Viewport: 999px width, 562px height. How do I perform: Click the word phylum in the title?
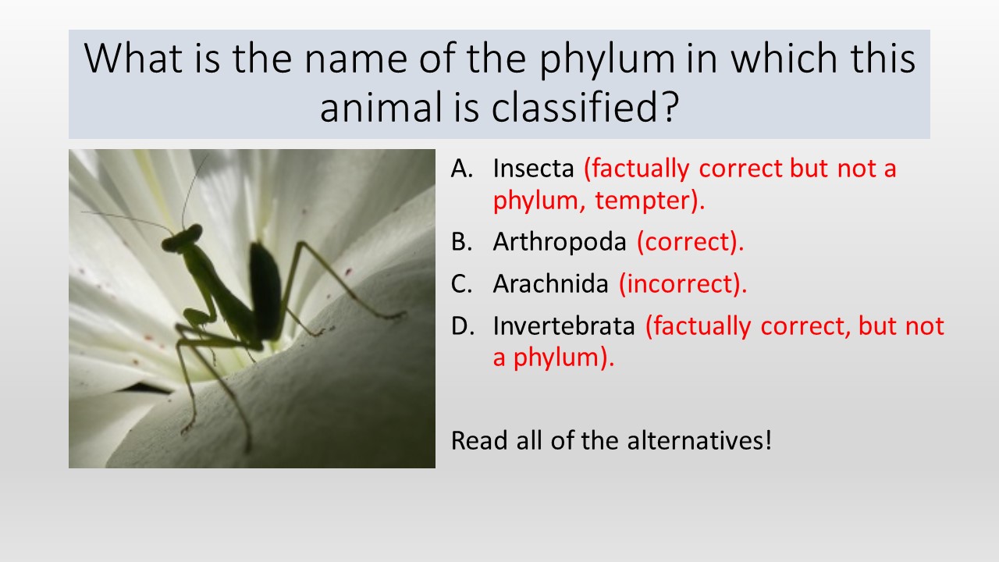tap(607, 60)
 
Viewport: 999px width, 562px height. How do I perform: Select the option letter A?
tap(461, 169)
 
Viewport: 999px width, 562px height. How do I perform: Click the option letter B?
tap(461, 242)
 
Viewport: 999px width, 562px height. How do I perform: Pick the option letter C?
tap(461, 283)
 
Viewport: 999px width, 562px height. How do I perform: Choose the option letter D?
tap(462, 325)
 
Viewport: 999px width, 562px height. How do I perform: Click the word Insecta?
tap(533, 169)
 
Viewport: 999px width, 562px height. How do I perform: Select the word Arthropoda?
tap(560, 242)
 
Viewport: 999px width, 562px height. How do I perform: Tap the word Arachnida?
tap(551, 283)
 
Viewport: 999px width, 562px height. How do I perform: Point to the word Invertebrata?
tap(564, 325)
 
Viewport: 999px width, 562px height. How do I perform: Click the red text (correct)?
tap(691, 242)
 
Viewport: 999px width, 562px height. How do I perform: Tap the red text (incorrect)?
tap(683, 284)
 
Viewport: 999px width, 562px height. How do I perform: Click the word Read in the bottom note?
tap(479, 441)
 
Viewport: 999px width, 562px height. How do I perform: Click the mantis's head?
tap(182, 239)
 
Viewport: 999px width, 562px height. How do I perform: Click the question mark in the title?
tap(669, 107)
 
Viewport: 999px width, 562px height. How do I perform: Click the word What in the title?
tap(133, 58)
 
